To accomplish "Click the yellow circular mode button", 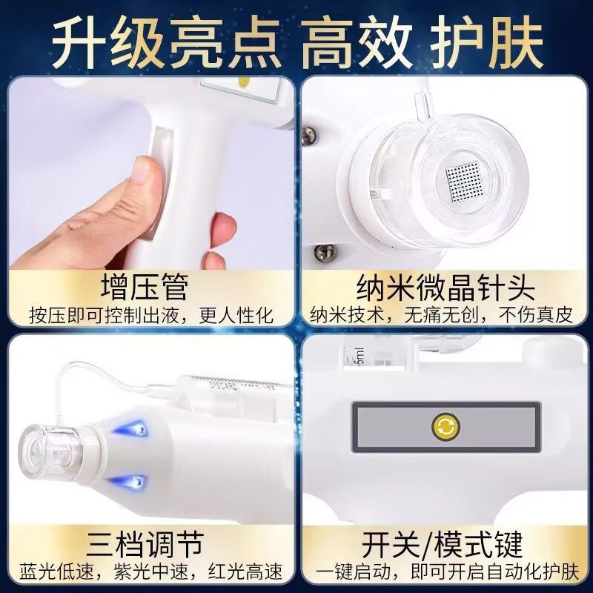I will tap(445, 426).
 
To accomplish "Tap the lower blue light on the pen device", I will tap(134, 483).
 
